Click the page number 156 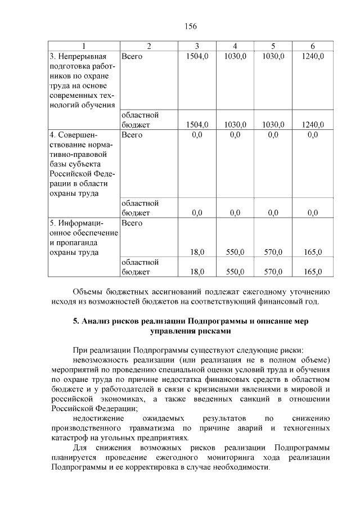[190, 26]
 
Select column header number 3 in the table [197, 46]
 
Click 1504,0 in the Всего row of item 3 [197, 56]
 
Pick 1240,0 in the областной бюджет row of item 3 [312, 124]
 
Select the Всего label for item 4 [132, 134]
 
